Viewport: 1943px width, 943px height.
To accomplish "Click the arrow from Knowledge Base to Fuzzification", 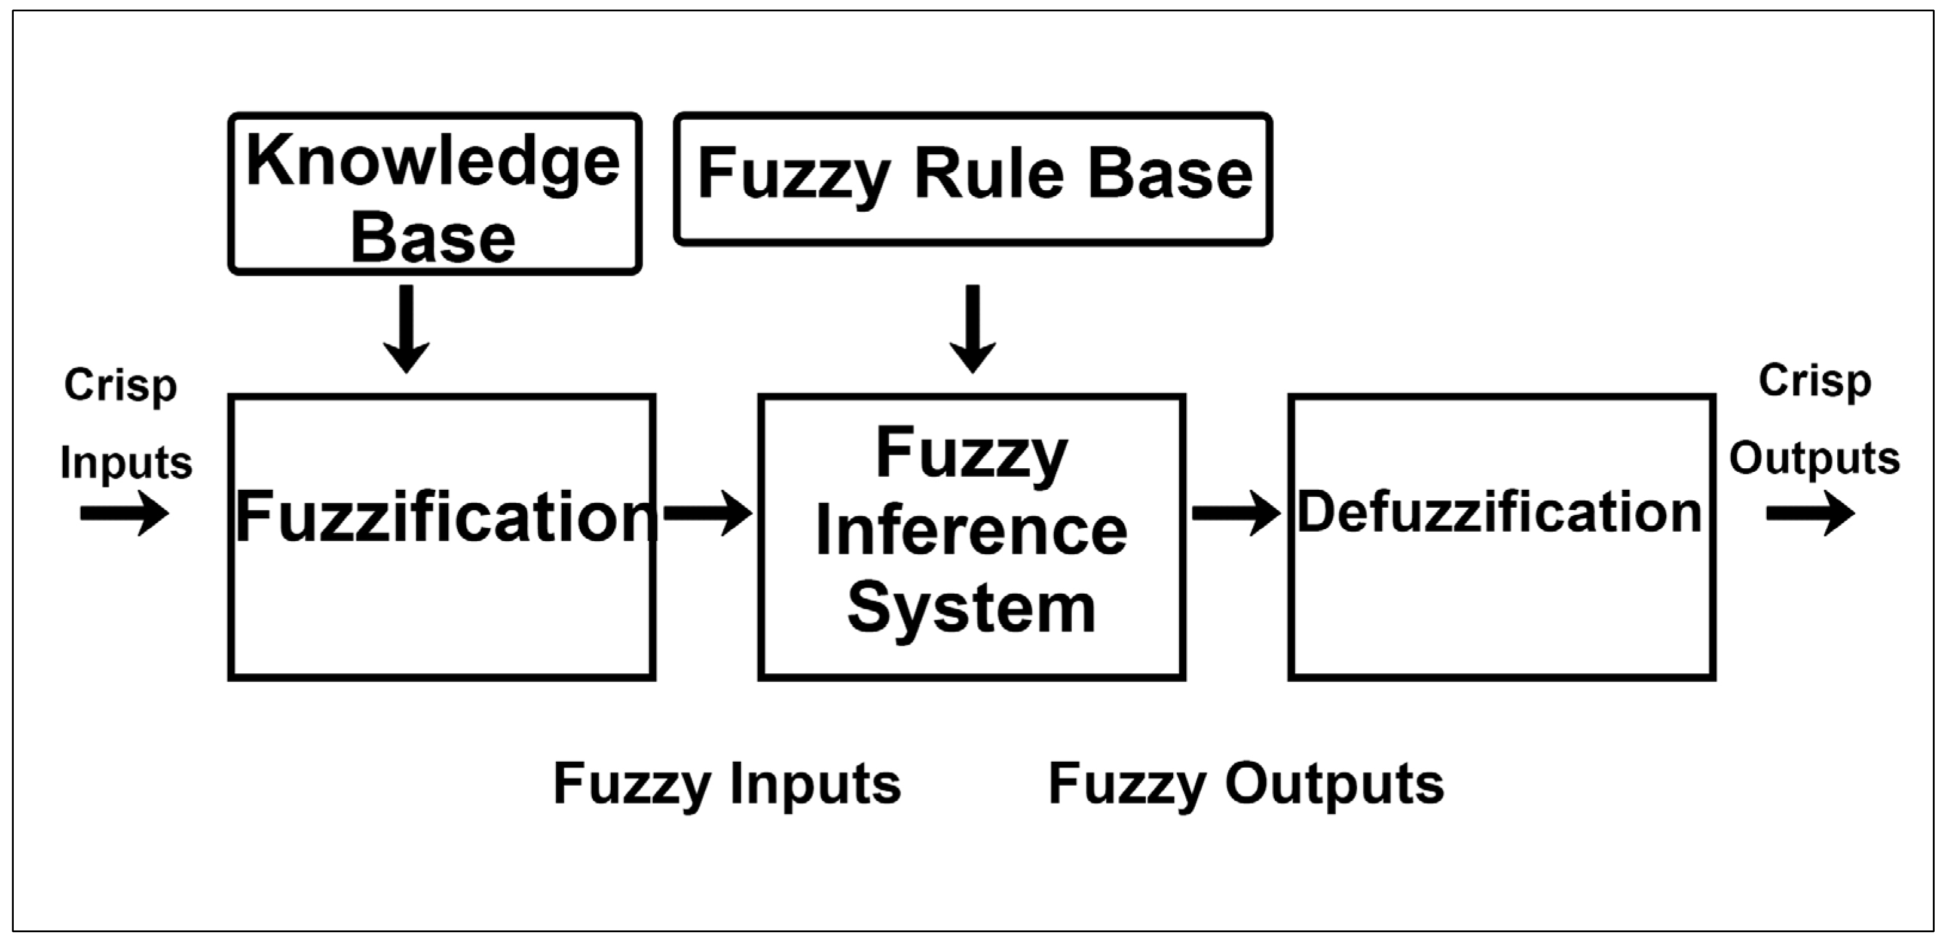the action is [406, 329].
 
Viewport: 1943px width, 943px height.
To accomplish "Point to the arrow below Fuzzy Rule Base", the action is [973, 329].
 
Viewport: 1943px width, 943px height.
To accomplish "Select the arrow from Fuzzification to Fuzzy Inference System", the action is [708, 514].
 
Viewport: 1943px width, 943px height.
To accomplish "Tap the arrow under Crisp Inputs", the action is [125, 514].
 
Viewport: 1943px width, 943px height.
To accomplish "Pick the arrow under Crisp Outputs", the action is [1811, 514].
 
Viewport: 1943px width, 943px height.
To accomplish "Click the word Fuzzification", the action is [446, 517].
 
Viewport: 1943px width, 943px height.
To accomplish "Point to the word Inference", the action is [972, 531].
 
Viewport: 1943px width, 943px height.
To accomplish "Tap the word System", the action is [972, 609].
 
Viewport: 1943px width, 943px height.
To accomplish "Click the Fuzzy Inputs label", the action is [727, 785].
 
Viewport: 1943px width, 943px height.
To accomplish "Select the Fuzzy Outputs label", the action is [1246, 785].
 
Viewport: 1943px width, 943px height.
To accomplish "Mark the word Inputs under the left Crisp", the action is [126, 462].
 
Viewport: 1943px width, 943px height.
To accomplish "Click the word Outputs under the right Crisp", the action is [1814, 458].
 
